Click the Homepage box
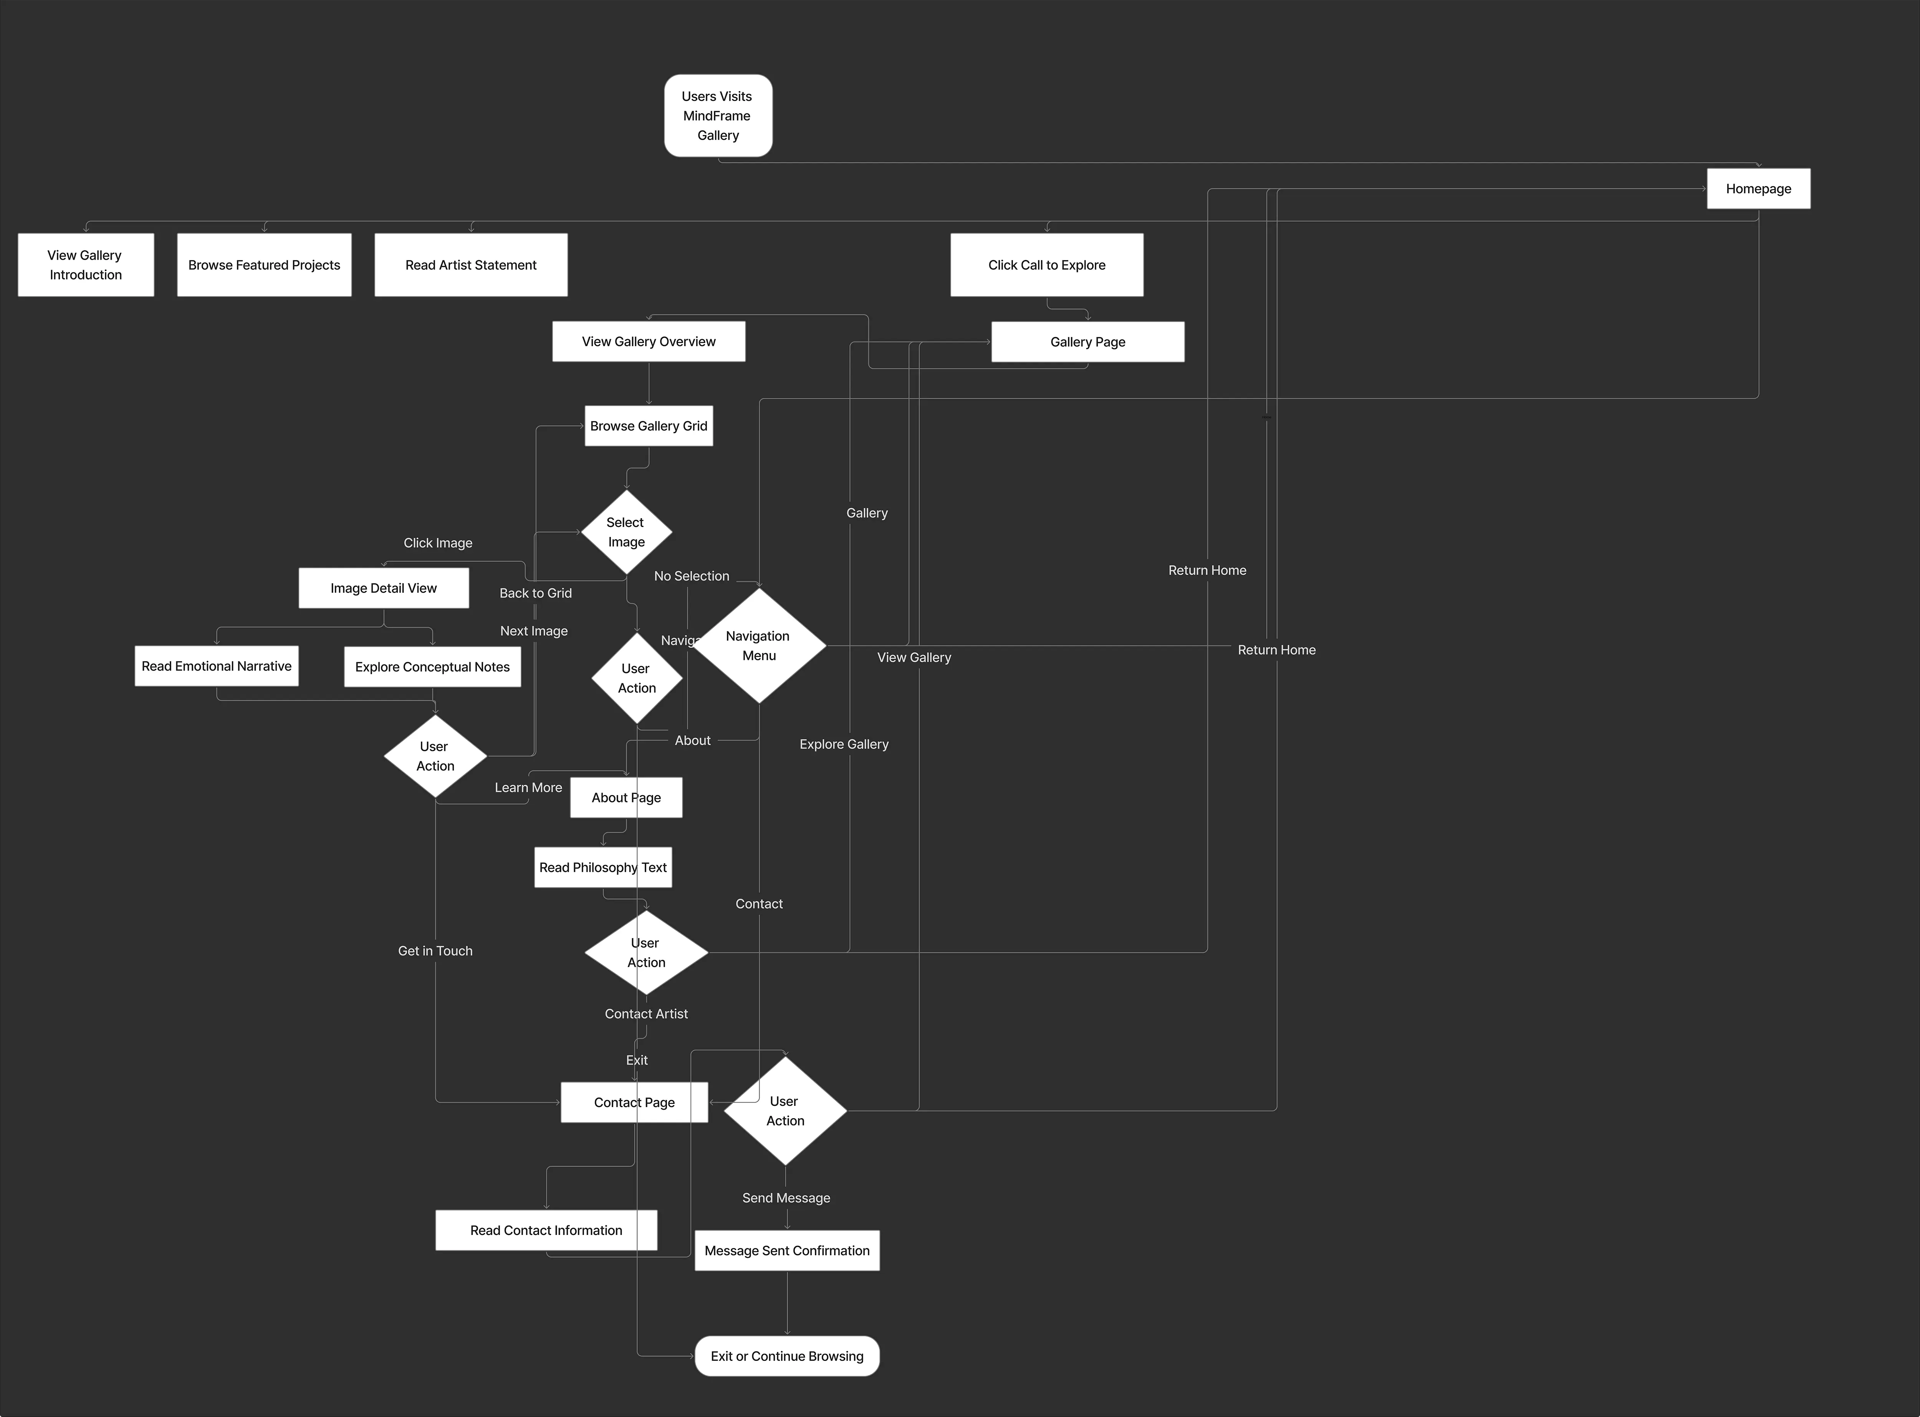coord(1758,189)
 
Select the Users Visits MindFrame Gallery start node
coord(718,116)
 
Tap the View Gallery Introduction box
coord(86,265)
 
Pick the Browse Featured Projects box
coord(264,265)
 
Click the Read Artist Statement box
coord(471,265)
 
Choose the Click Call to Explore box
coord(1046,265)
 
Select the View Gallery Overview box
coord(648,341)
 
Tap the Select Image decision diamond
coord(626,532)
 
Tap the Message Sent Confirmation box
coord(786,1251)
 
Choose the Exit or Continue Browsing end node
coord(786,1356)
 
